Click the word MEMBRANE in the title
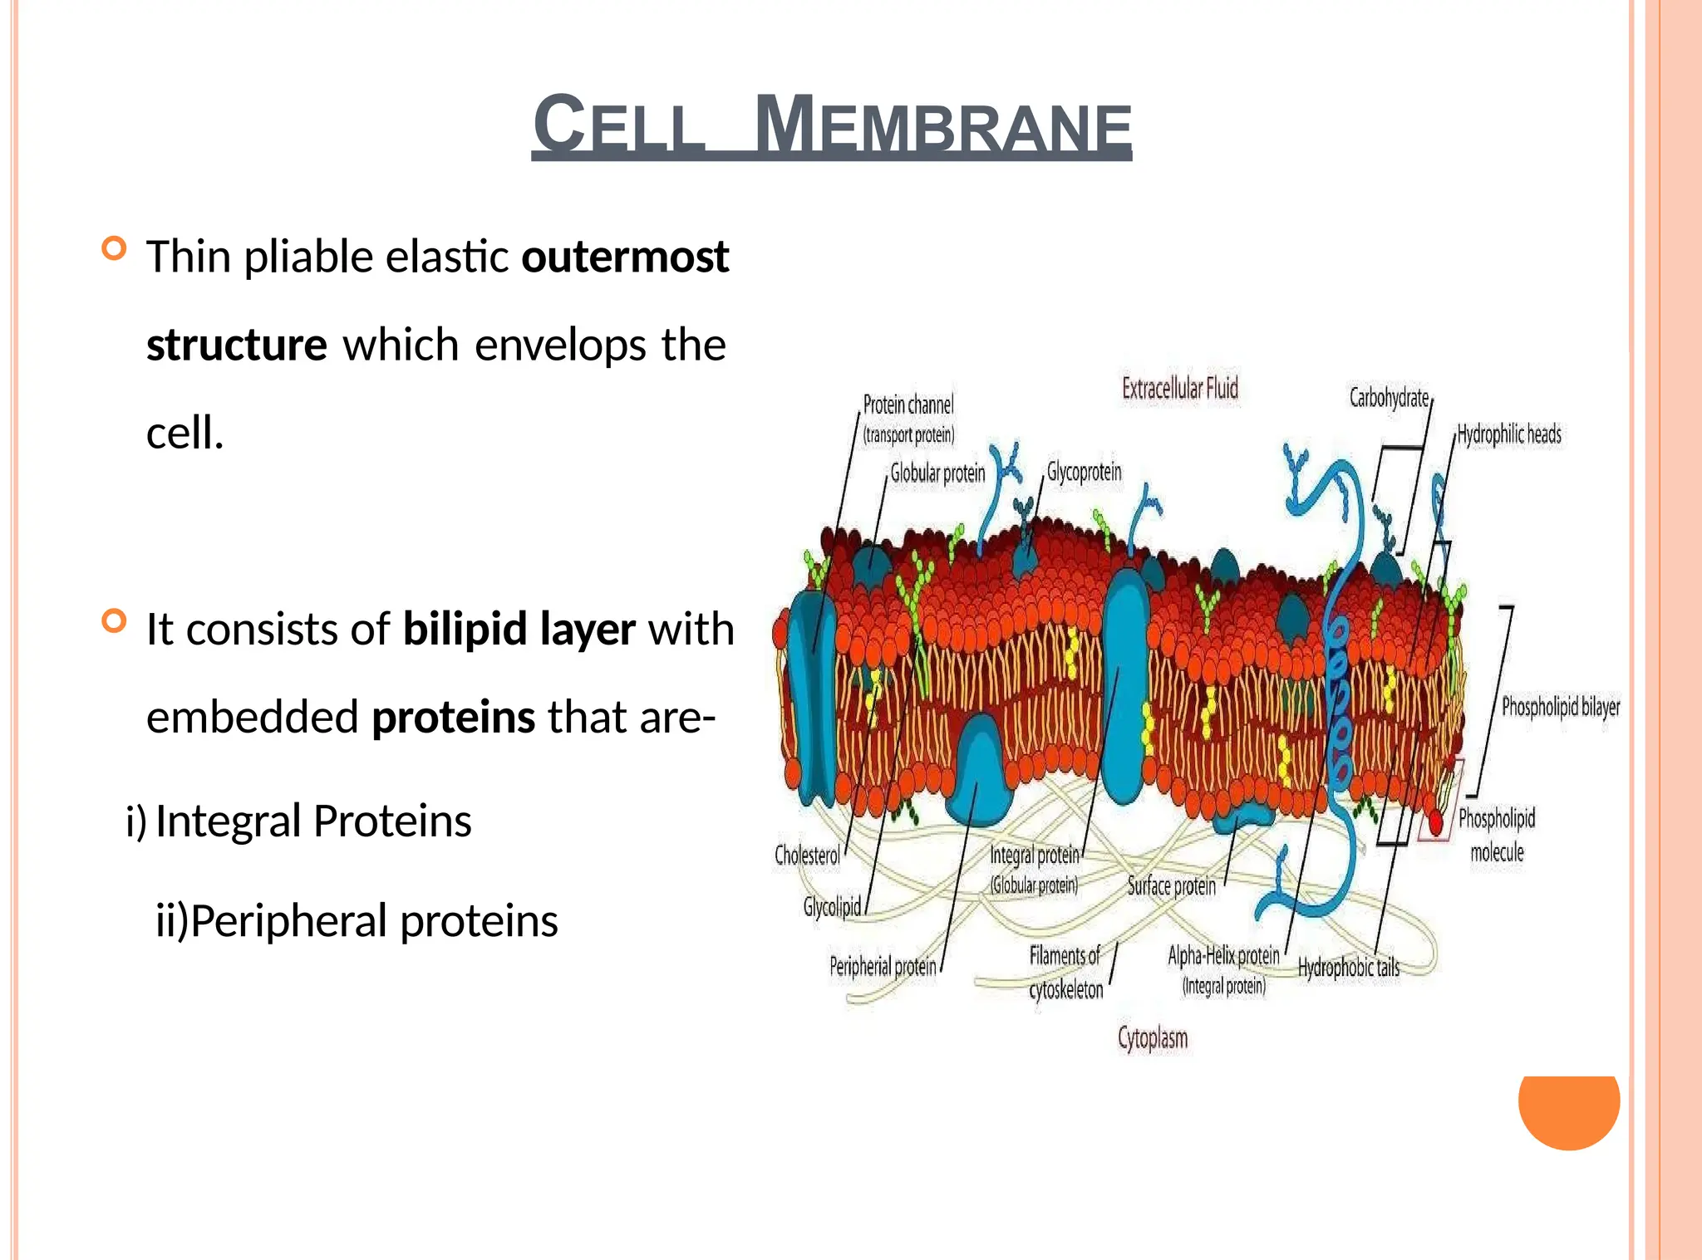pos(942,126)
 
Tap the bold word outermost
pos(625,257)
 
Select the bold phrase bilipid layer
pos(519,629)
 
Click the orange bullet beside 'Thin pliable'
pos(114,248)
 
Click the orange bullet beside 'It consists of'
pos(114,621)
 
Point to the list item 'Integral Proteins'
pos(312,821)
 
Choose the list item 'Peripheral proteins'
pos(374,921)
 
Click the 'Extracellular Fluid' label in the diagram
pos(1179,389)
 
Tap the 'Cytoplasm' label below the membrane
pos(1153,1038)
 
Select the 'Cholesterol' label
pos(807,855)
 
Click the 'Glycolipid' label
pos(832,906)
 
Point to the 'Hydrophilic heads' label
pos(1509,434)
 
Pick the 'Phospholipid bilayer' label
pos(1560,707)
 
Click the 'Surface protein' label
pos(1171,886)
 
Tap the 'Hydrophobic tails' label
pos(1348,968)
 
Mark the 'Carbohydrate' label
pos(1389,398)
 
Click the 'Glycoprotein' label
pos(1084,472)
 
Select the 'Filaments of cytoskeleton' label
pos(1065,973)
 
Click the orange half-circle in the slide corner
pos(1568,1109)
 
